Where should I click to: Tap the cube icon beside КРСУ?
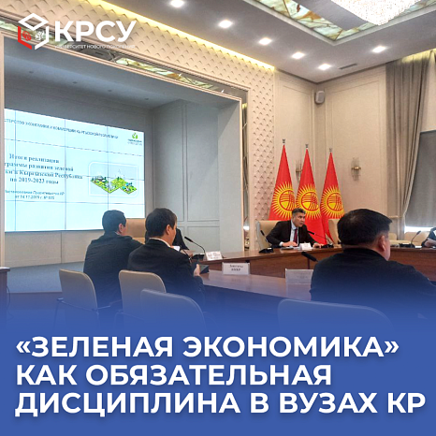(34, 31)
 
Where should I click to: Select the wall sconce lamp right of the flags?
(356, 168)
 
